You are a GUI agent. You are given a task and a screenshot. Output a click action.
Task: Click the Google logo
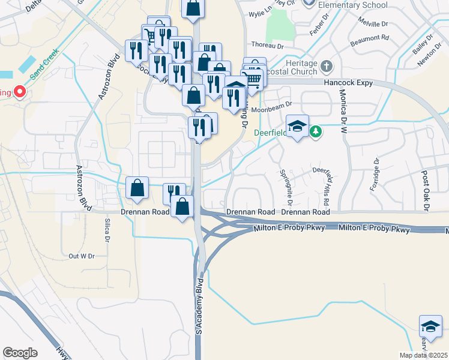coord(20,353)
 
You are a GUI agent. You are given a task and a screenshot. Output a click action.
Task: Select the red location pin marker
coord(19,92)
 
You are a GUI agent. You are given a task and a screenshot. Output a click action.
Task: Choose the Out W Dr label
coord(82,256)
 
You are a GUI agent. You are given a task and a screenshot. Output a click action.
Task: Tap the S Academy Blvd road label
coord(200,306)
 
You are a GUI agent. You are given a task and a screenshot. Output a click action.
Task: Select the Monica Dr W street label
coord(344,107)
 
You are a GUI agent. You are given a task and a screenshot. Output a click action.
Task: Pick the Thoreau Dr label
coord(267,44)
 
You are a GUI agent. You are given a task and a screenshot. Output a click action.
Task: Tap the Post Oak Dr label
coord(426,190)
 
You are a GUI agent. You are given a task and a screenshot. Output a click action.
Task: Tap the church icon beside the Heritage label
coord(327,65)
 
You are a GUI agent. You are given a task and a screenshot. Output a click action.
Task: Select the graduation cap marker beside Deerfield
coord(297,127)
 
